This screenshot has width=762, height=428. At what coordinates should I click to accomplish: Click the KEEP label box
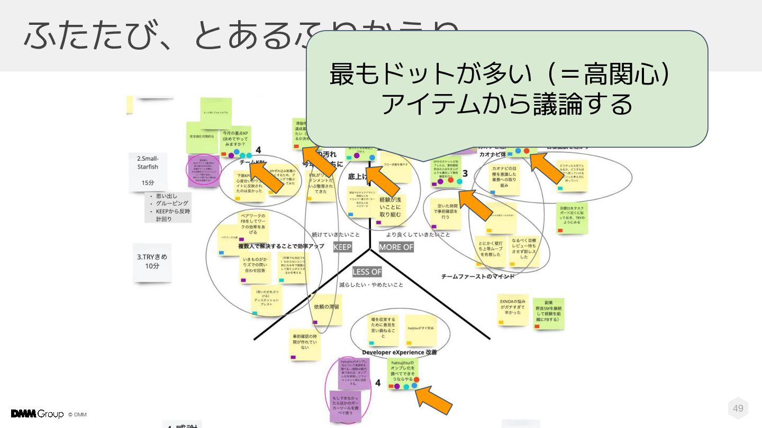click(x=342, y=247)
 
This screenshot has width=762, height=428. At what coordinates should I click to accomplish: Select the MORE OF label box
click(x=396, y=247)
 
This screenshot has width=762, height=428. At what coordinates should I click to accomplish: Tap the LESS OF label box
click(x=367, y=272)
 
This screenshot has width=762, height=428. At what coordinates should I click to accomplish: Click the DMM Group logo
click(x=37, y=414)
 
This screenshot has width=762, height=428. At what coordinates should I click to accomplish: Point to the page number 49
click(x=738, y=408)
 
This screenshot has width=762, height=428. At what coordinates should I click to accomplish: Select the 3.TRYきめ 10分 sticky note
click(x=152, y=262)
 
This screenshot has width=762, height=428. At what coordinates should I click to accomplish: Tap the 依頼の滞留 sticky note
click(x=326, y=309)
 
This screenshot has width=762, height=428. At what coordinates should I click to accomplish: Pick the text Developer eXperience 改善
click(x=400, y=352)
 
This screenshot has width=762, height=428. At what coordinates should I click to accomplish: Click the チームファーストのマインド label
click(x=478, y=276)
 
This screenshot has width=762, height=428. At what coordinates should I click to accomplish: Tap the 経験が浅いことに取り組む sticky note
click(x=391, y=207)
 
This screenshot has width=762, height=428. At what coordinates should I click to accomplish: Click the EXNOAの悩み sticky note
click(x=513, y=309)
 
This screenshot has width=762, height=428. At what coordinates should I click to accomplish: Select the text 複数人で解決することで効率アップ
click(x=280, y=246)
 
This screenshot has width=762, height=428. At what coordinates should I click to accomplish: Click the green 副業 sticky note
click(x=548, y=313)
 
